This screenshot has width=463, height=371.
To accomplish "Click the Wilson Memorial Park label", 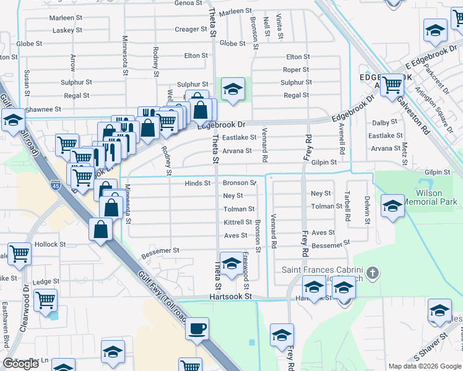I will (x=436, y=197).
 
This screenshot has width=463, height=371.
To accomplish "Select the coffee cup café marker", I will (x=197, y=328).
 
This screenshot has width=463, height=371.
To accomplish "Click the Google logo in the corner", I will (x=20, y=364).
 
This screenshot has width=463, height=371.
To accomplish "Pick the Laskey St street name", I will (x=68, y=30).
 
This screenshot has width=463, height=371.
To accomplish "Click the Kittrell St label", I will (x=237, y=222).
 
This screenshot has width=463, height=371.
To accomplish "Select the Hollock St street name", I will (x=50, y=245).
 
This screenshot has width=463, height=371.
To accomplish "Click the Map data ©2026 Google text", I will (x=424, y=366).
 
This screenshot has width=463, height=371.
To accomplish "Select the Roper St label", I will (x=296, y=70).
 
